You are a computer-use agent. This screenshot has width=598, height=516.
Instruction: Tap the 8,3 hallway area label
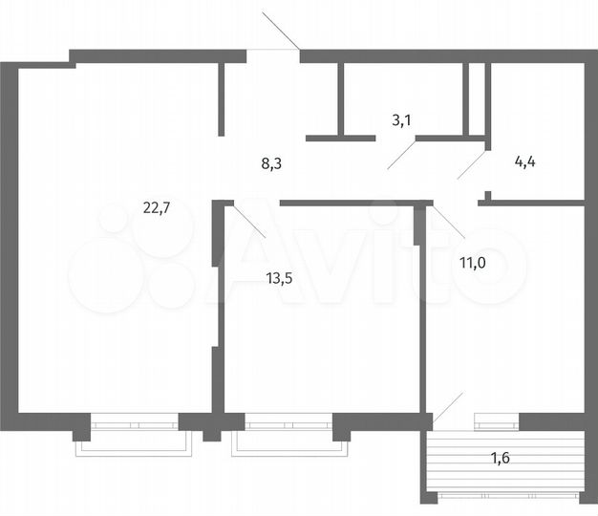point(271,163)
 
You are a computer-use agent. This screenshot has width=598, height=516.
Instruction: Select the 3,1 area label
point(403,120)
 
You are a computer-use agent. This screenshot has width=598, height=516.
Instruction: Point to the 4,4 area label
point(525,161)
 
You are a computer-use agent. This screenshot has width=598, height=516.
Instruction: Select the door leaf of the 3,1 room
point(401,154)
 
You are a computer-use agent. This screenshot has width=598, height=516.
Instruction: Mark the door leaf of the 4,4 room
point(472,163)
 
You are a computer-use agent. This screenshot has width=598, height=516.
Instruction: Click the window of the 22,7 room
point(134,420)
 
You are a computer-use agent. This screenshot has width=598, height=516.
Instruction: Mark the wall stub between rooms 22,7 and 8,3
point(221,99)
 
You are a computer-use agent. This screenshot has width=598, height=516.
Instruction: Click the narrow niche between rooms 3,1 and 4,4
point(476,97)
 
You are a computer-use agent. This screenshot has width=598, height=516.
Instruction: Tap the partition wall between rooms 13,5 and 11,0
point(421,306)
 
